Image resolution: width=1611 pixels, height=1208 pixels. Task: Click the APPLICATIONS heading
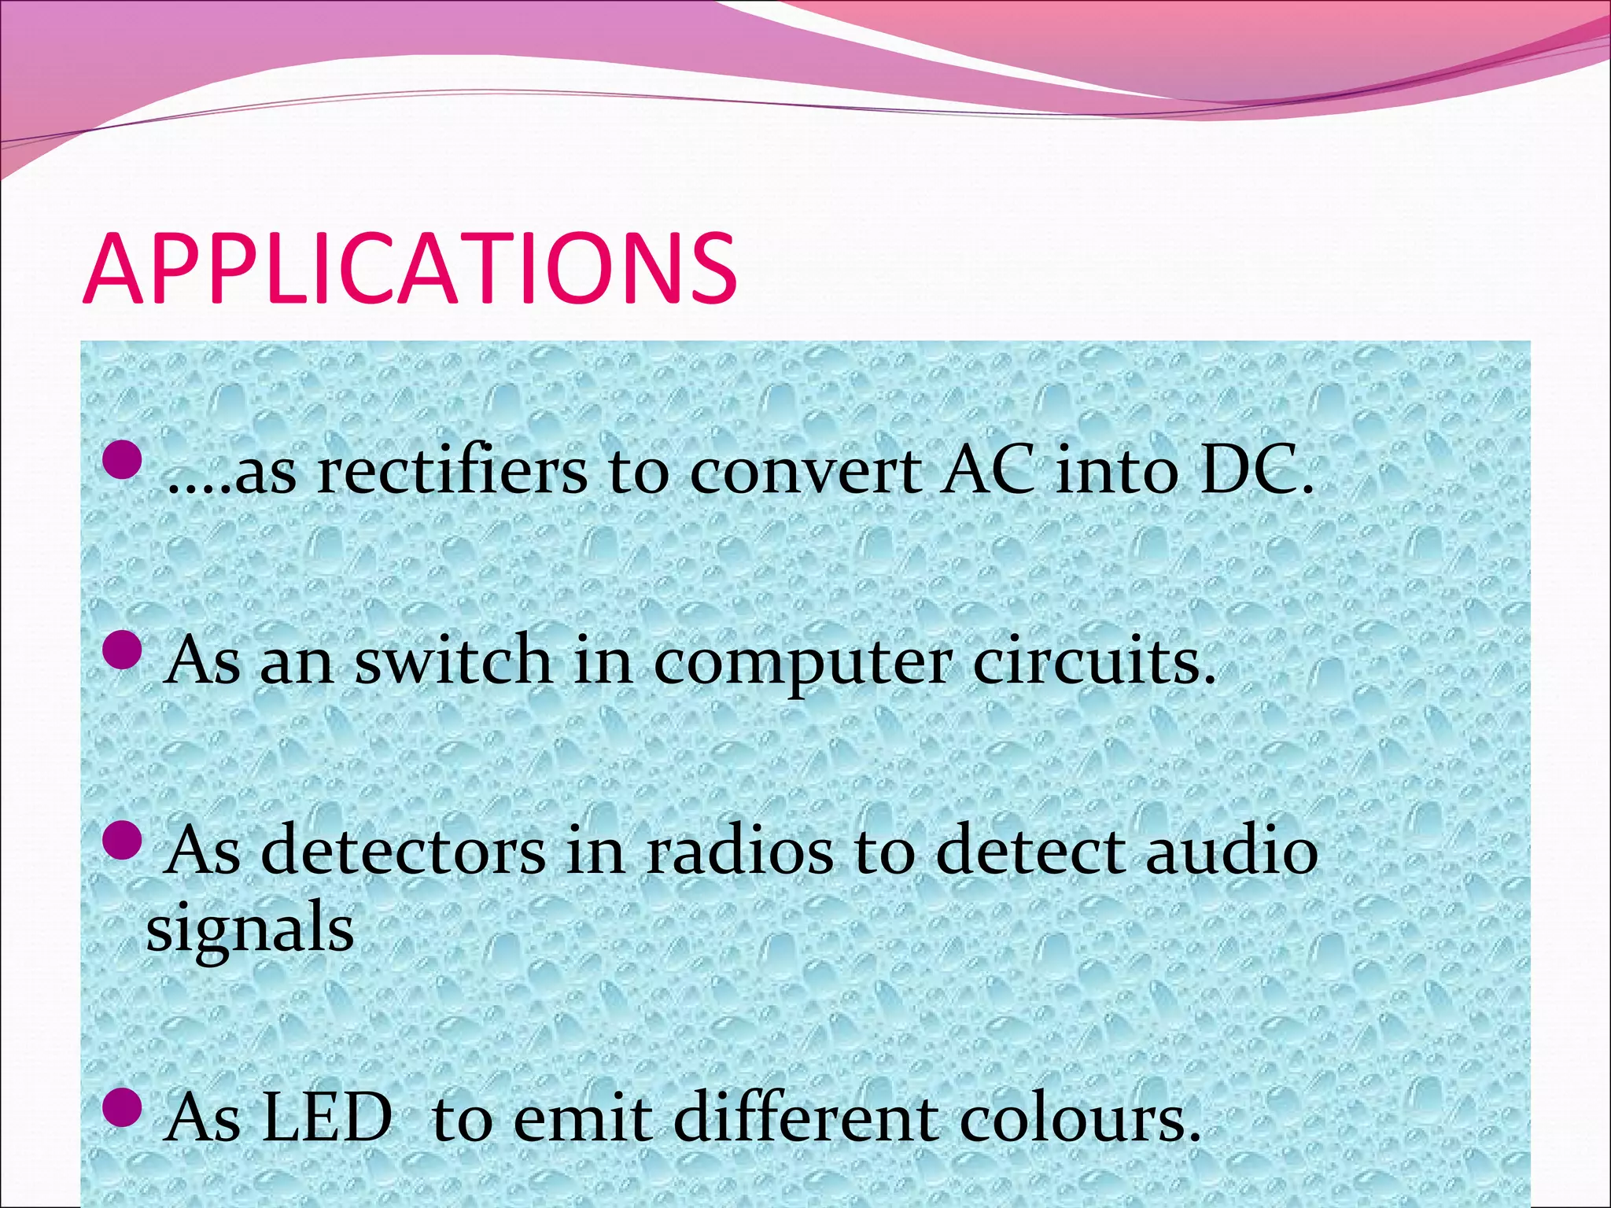[410, 269]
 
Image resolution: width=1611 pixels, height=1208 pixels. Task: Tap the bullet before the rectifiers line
[122, 460]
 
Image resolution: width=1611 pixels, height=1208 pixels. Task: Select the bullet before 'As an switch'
[122, 651]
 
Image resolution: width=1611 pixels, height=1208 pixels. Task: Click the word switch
[453, 661]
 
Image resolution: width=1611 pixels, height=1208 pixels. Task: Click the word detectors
[403, 851]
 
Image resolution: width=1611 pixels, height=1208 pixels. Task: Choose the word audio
[1232, 851]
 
